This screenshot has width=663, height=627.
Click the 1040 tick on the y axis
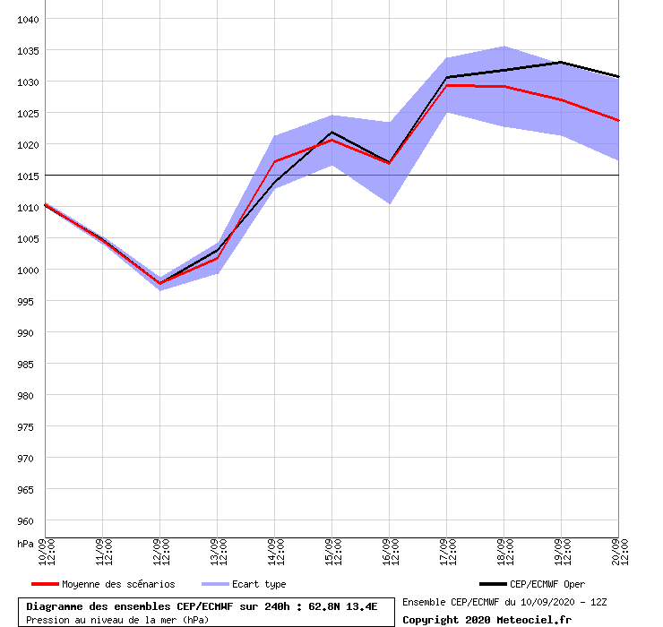(28, 19)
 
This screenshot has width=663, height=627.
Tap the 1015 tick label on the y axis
(28, 176)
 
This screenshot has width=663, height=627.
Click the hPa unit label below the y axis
(27, 544)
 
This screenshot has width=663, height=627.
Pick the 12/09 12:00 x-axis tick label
(159, 552)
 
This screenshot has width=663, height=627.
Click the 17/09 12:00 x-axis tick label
(446, 552)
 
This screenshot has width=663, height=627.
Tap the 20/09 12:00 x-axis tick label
(618, 552)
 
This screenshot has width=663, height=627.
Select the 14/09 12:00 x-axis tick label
(274, 552)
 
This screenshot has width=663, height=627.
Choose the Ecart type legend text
(259, 584)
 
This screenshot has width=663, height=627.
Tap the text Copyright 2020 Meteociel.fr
(486, 619)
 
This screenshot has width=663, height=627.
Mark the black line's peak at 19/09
(561, 62)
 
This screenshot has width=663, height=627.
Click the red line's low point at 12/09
(159, 283)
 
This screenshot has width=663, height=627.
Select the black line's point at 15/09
(331, 132)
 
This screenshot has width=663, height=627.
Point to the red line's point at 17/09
(446, 85)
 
